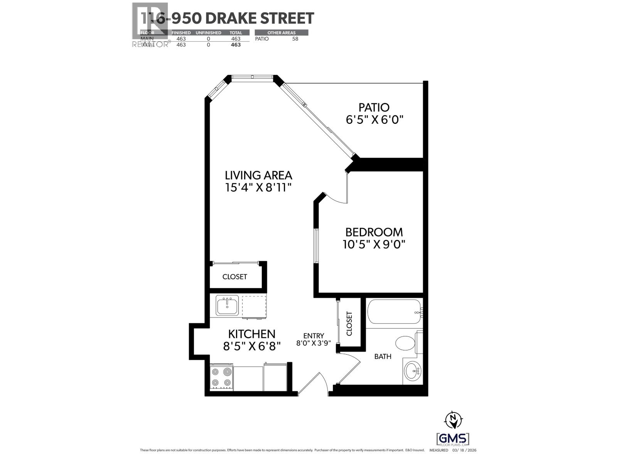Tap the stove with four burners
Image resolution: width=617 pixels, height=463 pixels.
click(221, 377)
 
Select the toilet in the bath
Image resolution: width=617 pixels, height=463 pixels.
click(405, 343)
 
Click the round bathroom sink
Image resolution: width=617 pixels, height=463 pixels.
click(413, 371)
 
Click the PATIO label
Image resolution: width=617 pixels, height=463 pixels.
click(374, 107)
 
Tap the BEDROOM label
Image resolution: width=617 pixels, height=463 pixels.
click(374, 232)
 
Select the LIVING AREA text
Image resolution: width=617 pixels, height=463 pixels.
click(258, 175)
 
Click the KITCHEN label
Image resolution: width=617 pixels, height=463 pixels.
click(251, 334)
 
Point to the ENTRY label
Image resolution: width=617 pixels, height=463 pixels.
click(314, 336)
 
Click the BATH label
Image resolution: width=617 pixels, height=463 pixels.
click(383, 357)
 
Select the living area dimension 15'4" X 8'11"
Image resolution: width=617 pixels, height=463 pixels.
click(258, 188)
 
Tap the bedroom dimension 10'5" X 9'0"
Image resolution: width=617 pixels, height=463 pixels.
click(374, 244)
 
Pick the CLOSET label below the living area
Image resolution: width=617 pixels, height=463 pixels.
click(234, 277)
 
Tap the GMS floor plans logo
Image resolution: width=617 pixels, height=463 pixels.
click(453, 439)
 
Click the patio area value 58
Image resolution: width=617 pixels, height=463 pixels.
click(295, 39)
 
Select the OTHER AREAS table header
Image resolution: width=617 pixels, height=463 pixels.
click(281, 33)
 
